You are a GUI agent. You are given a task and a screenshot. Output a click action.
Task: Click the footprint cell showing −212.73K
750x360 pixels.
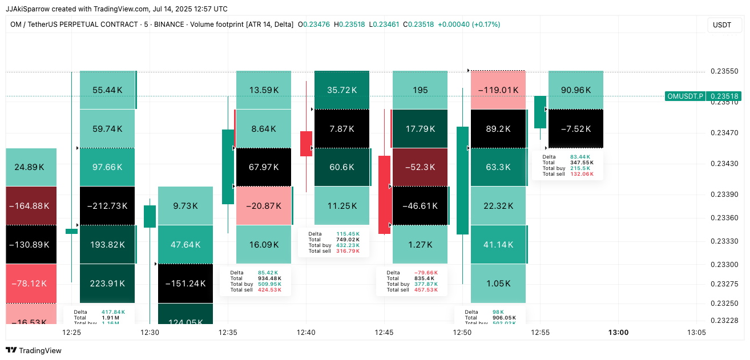(107, 206)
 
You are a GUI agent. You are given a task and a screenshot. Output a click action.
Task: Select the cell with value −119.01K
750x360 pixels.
(498, 90)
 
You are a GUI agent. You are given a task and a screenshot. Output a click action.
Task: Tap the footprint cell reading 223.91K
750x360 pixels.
(107, 284)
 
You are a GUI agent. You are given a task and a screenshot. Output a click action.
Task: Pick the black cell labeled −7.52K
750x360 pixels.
(576, 129)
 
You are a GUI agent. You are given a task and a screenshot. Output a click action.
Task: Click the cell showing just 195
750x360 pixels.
(420, 90)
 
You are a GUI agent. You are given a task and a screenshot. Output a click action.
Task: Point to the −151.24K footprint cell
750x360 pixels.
(185, 284)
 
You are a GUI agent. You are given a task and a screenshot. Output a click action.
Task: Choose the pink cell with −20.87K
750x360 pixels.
(264, 206)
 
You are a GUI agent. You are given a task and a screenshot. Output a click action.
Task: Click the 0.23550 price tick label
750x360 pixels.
(724, 71)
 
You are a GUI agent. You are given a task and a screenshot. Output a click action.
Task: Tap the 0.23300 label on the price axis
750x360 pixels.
(724, 264)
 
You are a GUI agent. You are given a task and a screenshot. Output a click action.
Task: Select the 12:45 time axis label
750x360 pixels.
(384, 332)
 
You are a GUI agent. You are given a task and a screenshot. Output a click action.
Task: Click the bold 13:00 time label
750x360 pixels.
(618, 332)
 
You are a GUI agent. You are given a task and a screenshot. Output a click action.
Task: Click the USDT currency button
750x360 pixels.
(722, 25)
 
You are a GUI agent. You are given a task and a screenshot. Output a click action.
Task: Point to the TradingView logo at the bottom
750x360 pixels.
(34, 350)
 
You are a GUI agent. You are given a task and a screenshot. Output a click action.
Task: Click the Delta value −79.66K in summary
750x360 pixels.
(426, 273)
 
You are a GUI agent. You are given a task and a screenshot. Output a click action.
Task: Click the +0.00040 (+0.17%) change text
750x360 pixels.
(469, 25)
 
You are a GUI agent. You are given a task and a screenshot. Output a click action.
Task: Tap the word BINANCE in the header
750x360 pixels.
(168, 25)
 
